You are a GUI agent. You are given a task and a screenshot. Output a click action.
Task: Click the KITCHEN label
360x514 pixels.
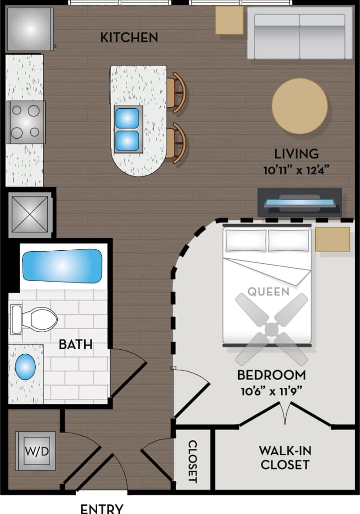129,37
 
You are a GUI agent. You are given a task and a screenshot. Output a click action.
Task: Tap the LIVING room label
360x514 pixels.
296,154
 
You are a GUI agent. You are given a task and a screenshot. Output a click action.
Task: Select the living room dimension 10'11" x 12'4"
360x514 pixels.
296,170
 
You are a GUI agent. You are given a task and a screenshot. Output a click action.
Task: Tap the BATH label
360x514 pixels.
76,345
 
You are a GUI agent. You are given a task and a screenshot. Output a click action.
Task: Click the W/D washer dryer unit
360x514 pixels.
36,451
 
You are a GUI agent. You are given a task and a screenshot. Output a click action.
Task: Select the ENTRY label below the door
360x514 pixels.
102,508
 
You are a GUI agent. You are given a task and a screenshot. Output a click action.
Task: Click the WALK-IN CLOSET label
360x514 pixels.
285,457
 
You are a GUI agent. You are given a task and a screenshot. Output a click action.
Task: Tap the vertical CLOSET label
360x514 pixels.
193,461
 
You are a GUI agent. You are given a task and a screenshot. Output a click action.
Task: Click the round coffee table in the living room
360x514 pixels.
299,106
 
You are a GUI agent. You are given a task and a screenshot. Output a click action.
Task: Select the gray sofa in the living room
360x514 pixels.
299,33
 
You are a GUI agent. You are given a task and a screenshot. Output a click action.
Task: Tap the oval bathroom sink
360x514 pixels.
25,367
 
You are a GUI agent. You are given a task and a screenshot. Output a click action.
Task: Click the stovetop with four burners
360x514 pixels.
26,122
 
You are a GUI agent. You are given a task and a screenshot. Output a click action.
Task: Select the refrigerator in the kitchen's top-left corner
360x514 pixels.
29,29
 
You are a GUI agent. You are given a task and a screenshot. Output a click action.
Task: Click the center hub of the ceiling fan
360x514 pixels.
271,330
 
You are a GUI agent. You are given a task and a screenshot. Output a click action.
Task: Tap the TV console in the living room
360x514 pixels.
299,202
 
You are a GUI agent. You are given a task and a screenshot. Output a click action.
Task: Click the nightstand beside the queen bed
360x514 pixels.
333,239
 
